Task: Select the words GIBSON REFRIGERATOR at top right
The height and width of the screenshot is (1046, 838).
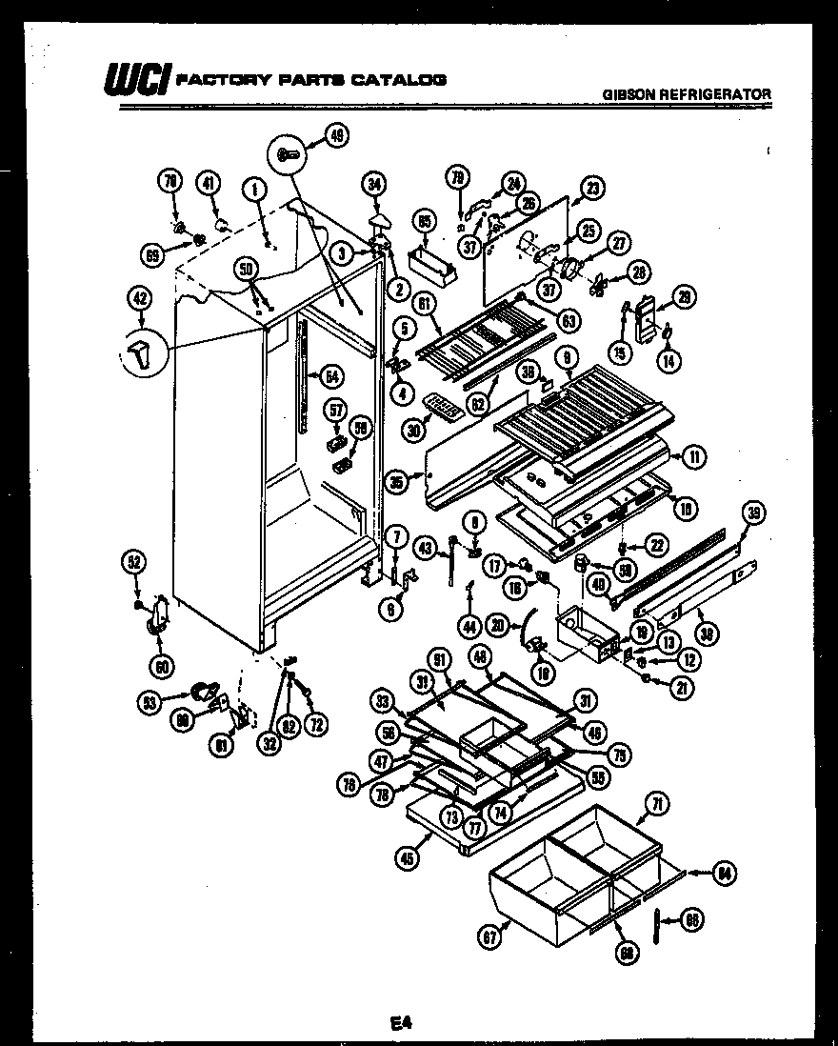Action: (687, 93)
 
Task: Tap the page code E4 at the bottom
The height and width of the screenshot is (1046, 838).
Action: (399, 1024)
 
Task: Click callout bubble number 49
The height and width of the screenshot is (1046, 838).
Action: (336, 136)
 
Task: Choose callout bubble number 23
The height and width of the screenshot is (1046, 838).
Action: (593, 189)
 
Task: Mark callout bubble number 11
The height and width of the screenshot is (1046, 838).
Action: (695, 457)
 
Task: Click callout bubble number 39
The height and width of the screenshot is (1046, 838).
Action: (753, 513)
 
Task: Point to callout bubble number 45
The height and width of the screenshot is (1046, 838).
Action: (408, 856)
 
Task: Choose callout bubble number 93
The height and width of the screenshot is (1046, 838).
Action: (149, 703)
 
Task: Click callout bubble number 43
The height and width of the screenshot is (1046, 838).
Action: (425, 548)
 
